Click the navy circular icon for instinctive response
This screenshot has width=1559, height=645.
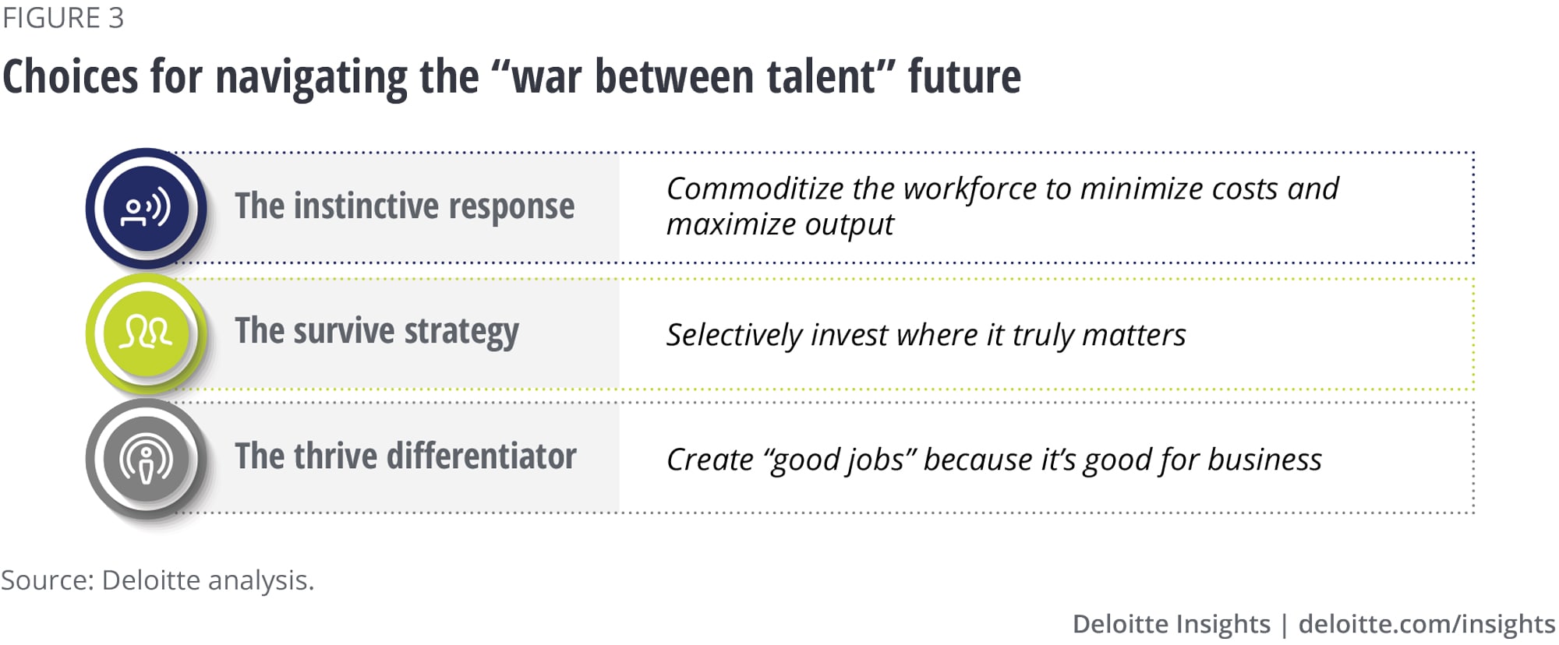146,208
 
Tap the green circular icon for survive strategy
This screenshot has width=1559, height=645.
146,333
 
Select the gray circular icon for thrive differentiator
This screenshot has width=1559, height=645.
146,459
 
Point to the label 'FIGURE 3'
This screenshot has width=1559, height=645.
63,18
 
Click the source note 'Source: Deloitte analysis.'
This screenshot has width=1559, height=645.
157,580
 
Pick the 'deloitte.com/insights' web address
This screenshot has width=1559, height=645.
1426,624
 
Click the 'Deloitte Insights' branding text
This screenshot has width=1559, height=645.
1171,624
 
